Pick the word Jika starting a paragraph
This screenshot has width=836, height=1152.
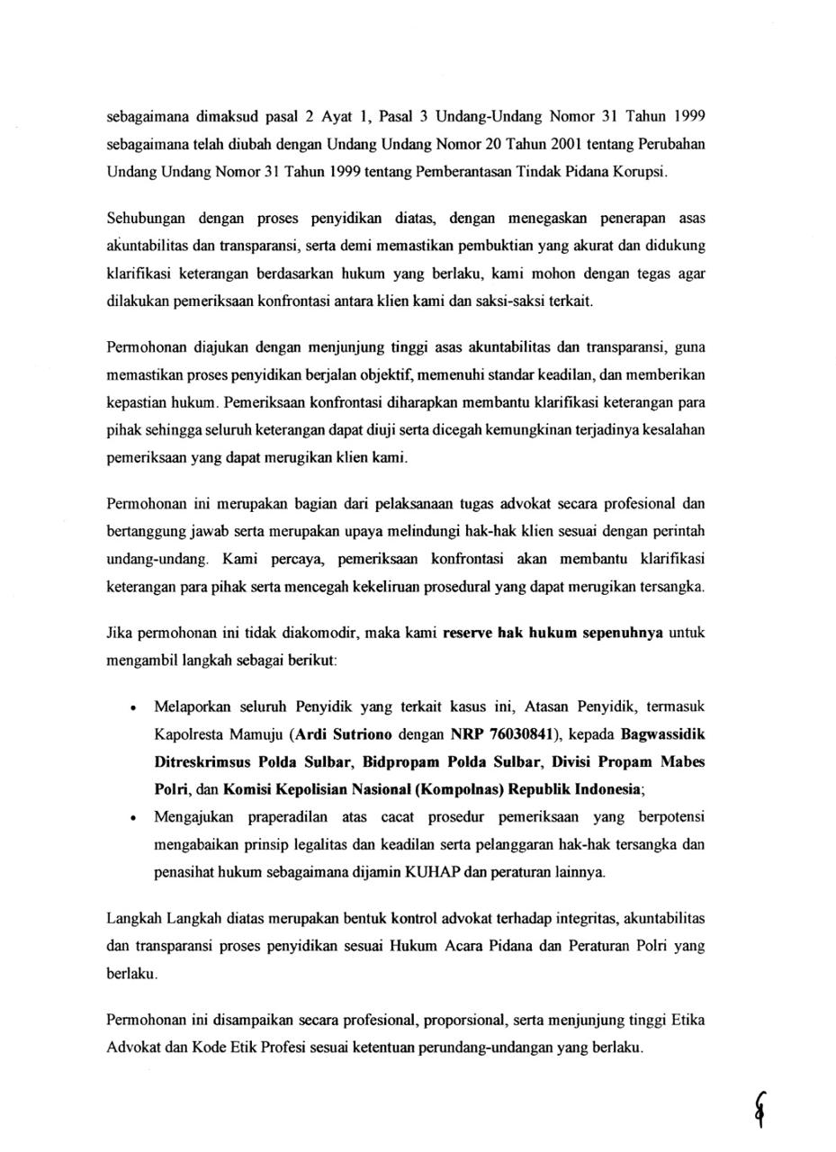click(x=120, y=633)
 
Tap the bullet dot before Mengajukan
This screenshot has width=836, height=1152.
click(x=134, y=818)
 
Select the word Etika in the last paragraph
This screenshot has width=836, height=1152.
click(x=688, y=1021)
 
